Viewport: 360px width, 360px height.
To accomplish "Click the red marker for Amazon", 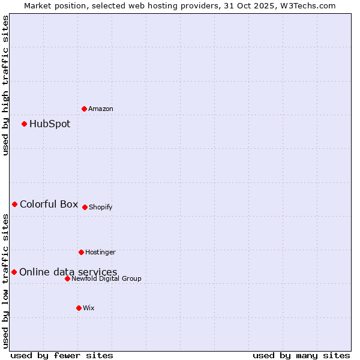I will click(84, 109).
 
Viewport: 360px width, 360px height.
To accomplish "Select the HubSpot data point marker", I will click(24, 124).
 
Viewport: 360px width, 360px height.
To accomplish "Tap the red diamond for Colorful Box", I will click(14, 205).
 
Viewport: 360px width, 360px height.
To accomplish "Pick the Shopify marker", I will click(85, 207).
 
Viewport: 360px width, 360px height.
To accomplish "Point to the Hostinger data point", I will click(81, 252).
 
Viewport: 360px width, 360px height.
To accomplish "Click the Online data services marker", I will click(14, 272).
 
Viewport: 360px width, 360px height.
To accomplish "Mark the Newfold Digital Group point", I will click(67, 278).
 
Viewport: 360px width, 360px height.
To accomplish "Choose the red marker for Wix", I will click(79, 308).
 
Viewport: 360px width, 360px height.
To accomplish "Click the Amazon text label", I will click(101, 109).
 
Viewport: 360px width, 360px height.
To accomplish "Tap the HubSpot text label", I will click(50, 124).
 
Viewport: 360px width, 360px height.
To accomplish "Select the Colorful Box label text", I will click(49, 205).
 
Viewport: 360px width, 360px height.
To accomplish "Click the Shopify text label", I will click(101, 208).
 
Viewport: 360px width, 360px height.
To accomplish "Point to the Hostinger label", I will click(100, 253).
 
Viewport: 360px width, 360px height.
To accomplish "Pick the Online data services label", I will click(68, 272).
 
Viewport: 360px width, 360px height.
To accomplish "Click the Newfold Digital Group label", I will click(106, 279).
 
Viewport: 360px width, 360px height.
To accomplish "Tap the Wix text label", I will click(89, 308).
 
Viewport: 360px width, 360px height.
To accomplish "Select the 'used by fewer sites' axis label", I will click(62, 355).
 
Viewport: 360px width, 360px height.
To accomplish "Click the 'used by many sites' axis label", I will click(301, 355).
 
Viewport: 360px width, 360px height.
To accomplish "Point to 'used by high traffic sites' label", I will click(5, 85).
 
